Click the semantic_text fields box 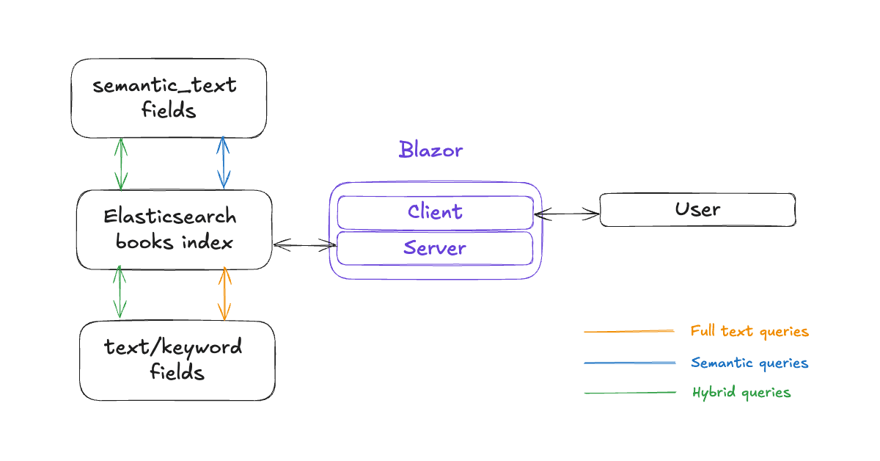pyautogui.click(x=169, y=98)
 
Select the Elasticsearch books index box pyautogui.click(x=175, y=230)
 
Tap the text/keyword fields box pyautogui.click(x=177, y=360)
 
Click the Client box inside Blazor pyautogui.click(x=435, y=212)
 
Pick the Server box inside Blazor pyautogui.click(x=435, y=248)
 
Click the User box pyautogui.click(x=697, y=210)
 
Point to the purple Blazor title pyautogui.click(x=431, y=150)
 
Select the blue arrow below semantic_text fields pyautogui.click(x=224, y=162)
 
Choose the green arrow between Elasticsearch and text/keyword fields pyautogui.click(x=119, y=294)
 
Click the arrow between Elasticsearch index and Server pyautogui.click(x=304, y=245)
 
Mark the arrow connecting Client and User pyautogui.click(x=567, y=214)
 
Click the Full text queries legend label pyautogui.click(x=749, y=332)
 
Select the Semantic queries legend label pyautogui.click(x=749, y=363)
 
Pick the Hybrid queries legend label pyautogui.click(x=741, y=393)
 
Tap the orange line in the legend pyautogui.click(x=629, y=332)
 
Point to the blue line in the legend pyautogui.click(x=629, y=363)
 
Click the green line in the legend pyautogui.click(x=629, y=393)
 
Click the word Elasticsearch pyautogui.click(x=170, y=217)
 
